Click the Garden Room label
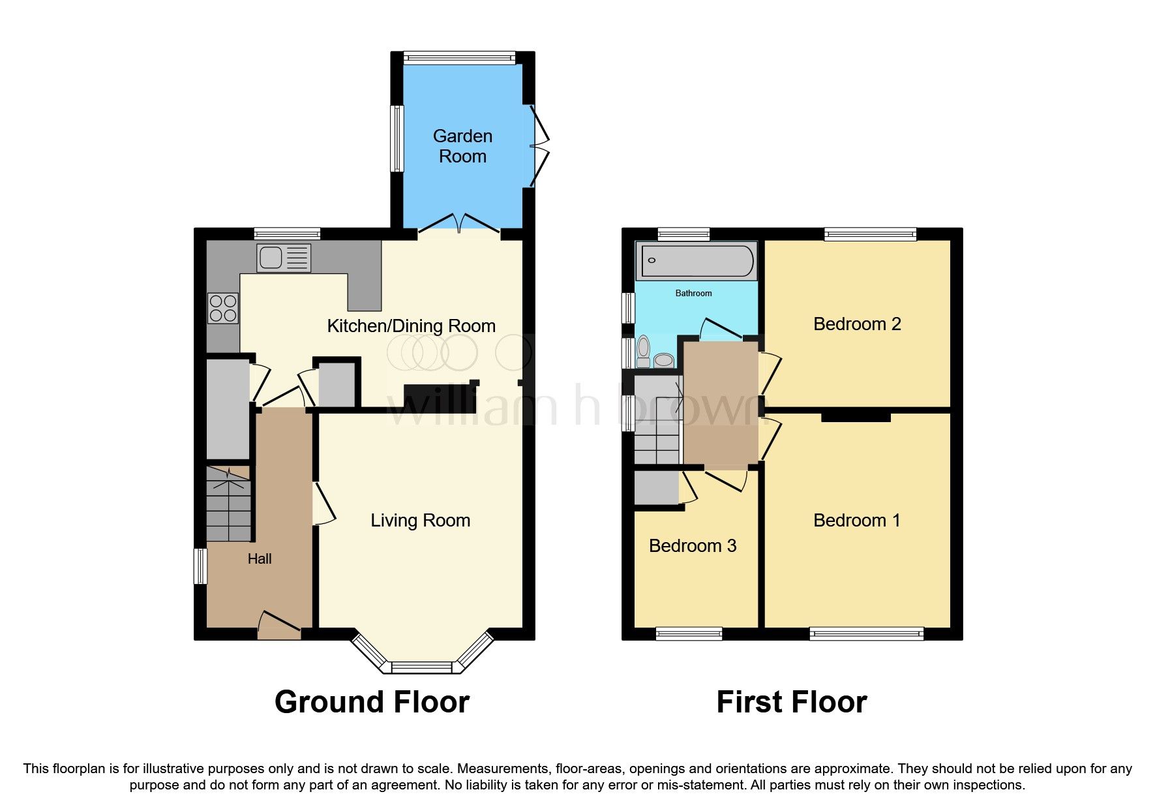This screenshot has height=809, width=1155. (462, 146)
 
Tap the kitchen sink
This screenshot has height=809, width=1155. (283, 258)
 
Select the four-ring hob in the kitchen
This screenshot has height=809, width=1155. (222, 309)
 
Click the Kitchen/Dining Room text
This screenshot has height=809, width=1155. (411, 326)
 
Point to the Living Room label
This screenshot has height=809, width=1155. (420, 520)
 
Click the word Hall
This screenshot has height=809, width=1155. (260, 558)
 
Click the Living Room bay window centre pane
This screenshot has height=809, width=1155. (421, 667)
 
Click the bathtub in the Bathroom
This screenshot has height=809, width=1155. (697, 260)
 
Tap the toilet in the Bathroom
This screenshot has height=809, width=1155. (644, 351)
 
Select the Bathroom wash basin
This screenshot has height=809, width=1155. (664, 359)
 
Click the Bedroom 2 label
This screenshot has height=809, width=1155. (857, 324)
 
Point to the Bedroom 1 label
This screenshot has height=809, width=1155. (857, 520)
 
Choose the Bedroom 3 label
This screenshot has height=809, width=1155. (693, 545)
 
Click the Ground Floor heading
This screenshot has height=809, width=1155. (372, 702)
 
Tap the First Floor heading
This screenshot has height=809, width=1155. (791, 702)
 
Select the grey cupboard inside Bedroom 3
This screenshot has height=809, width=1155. (657, 487)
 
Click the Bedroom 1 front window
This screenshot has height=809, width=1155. (867, 632)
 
